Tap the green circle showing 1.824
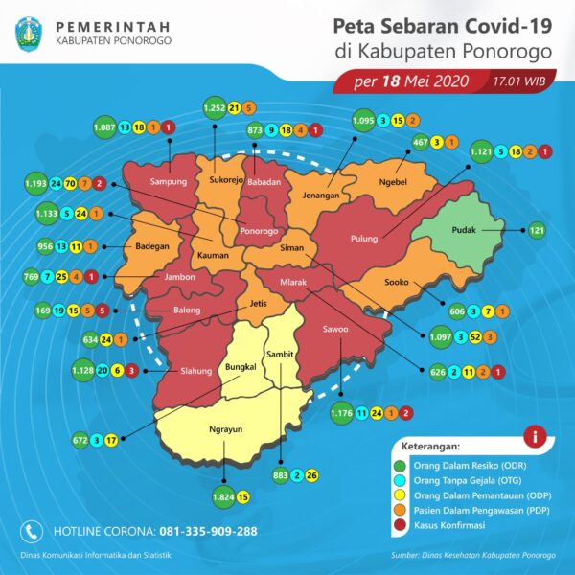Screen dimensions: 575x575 click(223, 496)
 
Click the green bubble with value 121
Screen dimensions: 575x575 click(537, 230)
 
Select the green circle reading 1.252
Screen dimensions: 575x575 click(214, 108)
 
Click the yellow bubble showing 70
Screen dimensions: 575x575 click(70, 182)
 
